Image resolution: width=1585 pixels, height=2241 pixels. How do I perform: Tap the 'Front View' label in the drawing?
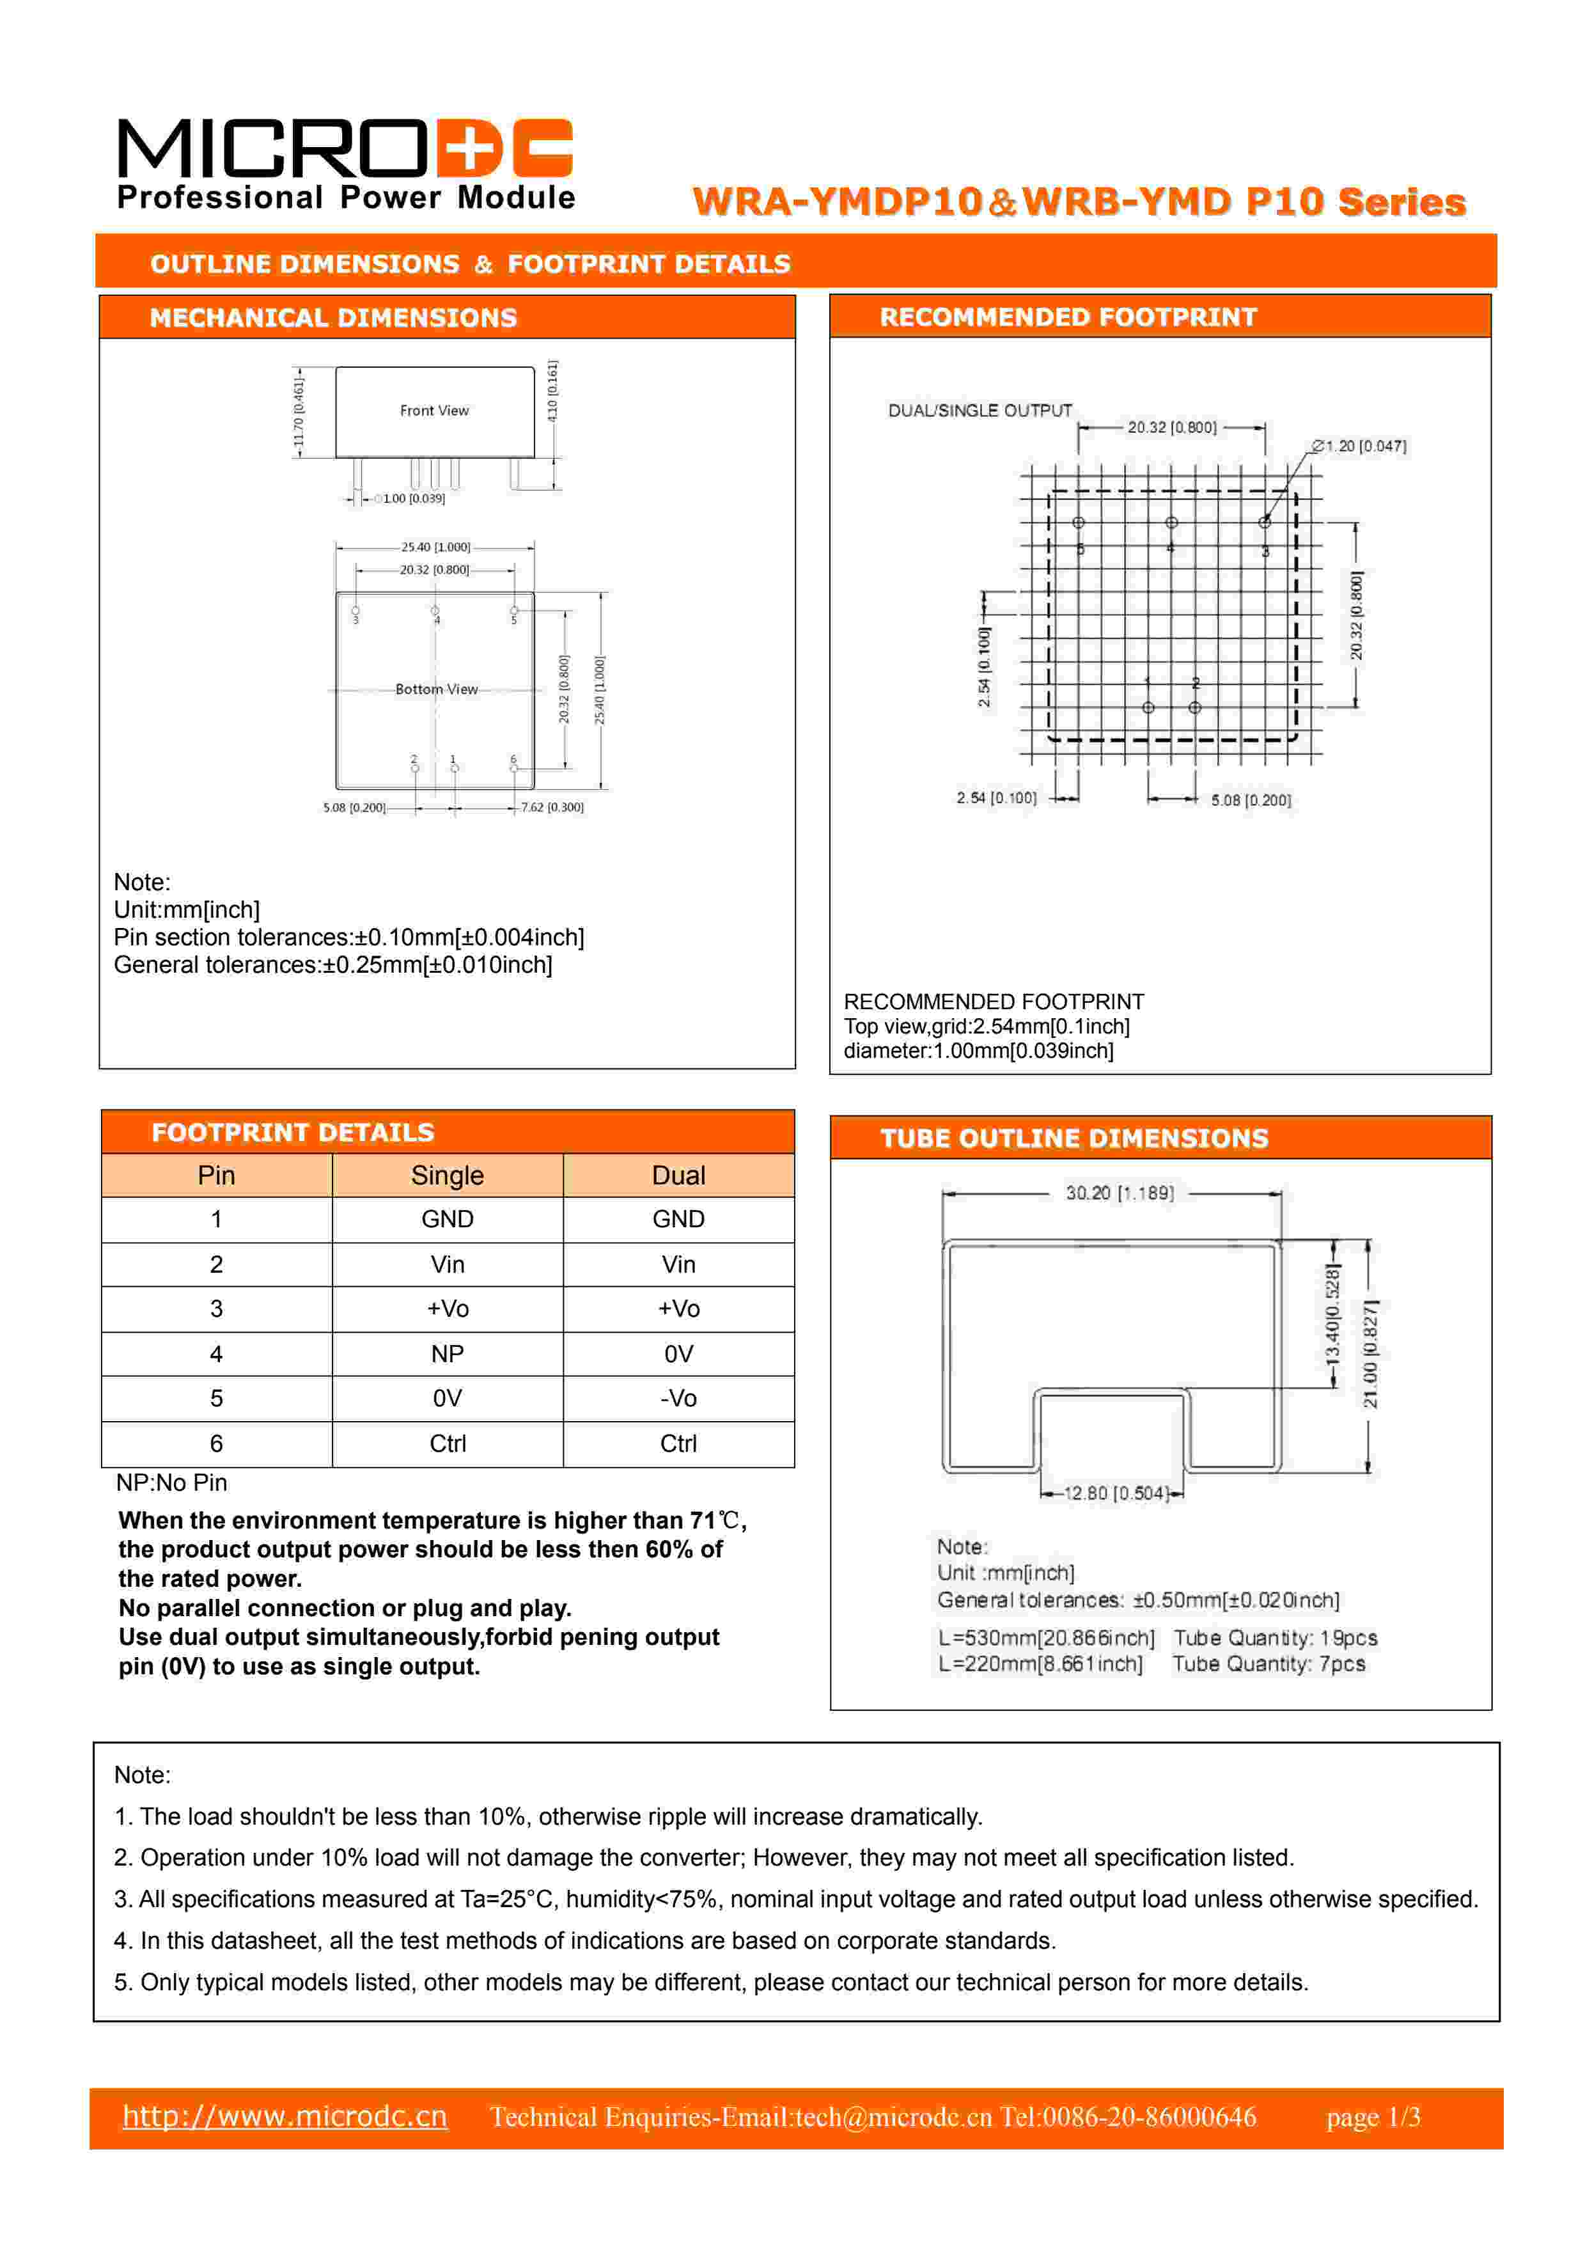click(434, 411)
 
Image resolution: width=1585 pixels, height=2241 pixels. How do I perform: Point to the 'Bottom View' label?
click(436, 689)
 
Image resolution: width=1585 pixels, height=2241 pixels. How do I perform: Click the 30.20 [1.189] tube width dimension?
click(1120, 1193)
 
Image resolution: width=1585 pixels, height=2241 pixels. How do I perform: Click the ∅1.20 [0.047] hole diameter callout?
click(1359, 446)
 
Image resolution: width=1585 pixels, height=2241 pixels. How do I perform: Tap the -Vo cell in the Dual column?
click(678, 1399)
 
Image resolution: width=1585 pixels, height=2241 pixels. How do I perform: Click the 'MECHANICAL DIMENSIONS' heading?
click(333, 318)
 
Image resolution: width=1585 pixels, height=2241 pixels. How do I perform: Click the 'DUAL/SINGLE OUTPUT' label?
click(980, 411)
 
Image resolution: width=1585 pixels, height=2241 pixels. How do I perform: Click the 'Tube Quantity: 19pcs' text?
click(1276, 1638)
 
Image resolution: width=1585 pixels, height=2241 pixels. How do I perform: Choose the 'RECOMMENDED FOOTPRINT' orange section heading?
click(1068, 317)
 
